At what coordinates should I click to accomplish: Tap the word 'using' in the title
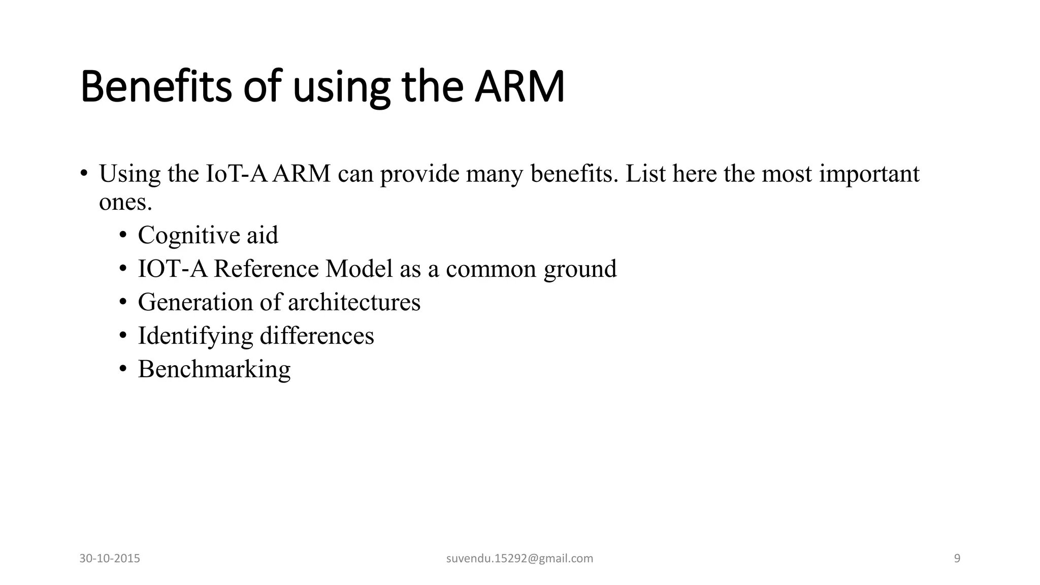pyautogui.click(x=341, y=87)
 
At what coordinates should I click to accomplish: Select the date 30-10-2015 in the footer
pyautogui.click(x=110, y=559)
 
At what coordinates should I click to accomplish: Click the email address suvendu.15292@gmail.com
pyautogui.click(x=519, y=559)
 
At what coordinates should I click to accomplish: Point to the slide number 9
pyautogui.click(x=957, y=559)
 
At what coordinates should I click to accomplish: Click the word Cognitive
pyautogui.click(x=188, y=235)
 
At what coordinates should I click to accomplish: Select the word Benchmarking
pyautogui.click(x=214, y=369)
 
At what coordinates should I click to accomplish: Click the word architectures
pyautogui.click(x=354, y=302)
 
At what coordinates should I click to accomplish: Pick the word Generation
pyautogui.click(x=195, y=302)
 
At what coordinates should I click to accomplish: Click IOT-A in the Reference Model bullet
pyautogui.click(x=173, y=269)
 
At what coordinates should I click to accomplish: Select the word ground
pyautogui.click(x=580, y=270)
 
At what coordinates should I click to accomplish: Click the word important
pyautogui.click(x=869, y=174)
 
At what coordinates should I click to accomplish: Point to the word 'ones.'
pyautogui.click(x=125, y=202)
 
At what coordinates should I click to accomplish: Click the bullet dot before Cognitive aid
pyautogui.click(x=122, y=235)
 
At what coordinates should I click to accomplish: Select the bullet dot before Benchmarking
pyautogui.click(x=122, y=369)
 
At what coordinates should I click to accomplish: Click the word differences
pyautogui.click(x=316, y=336)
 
